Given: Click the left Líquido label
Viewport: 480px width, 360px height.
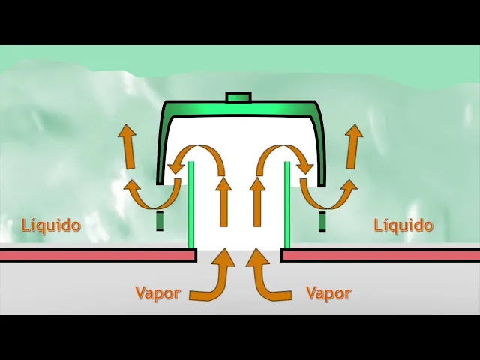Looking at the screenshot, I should (51, 224).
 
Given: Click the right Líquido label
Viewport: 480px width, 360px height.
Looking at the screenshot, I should (403, 225).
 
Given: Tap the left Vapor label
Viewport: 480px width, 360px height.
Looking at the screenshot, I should (157, 292).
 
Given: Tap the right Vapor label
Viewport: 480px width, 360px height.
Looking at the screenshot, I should (328, 292).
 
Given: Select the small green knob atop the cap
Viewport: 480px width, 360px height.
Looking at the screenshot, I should (238, 97).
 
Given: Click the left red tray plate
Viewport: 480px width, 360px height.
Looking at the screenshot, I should (97, 255).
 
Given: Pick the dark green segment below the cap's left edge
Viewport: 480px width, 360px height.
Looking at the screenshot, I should (160, 221).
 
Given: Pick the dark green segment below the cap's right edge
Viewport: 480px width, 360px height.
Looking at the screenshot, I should (322, 222).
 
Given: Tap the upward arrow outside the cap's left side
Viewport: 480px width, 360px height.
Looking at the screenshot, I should (127, 147).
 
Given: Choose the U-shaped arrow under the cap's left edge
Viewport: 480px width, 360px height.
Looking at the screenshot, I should (150, 197).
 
